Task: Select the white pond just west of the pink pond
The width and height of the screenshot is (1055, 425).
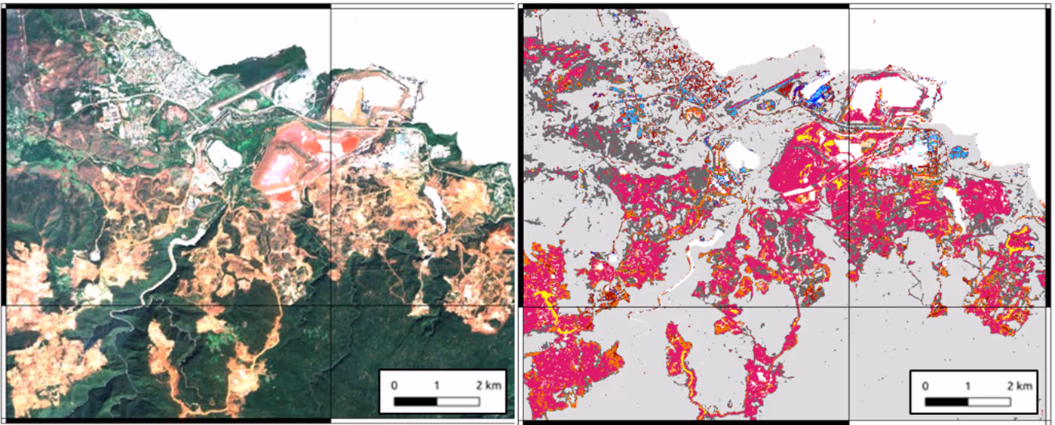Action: tap(224, 156)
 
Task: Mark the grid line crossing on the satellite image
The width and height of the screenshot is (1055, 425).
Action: tap(330, 306)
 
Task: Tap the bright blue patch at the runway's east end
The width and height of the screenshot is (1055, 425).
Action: tap(814, 91)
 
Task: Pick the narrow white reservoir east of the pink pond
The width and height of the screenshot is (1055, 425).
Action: tap(435, 199)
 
